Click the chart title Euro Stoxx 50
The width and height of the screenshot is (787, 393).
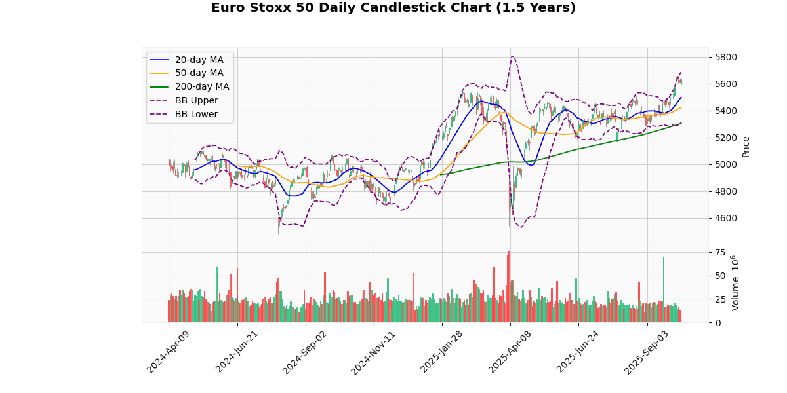pyautogui.click(x=393, y=8)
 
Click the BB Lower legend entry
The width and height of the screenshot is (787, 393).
pyautogui.click(x=198, y=115)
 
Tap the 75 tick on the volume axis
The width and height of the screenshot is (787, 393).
pyautogui.click(x=720, y=252)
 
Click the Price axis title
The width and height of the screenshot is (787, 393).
pyautogui.click(x=746, y=146)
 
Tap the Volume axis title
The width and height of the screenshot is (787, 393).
pyautogui.click(x=735, y=283)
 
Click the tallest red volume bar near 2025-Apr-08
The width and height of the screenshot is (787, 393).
pyautogui.click(x=509, y=287)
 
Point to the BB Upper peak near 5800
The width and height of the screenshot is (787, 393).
pyautogui.click(x=512, y=56)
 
